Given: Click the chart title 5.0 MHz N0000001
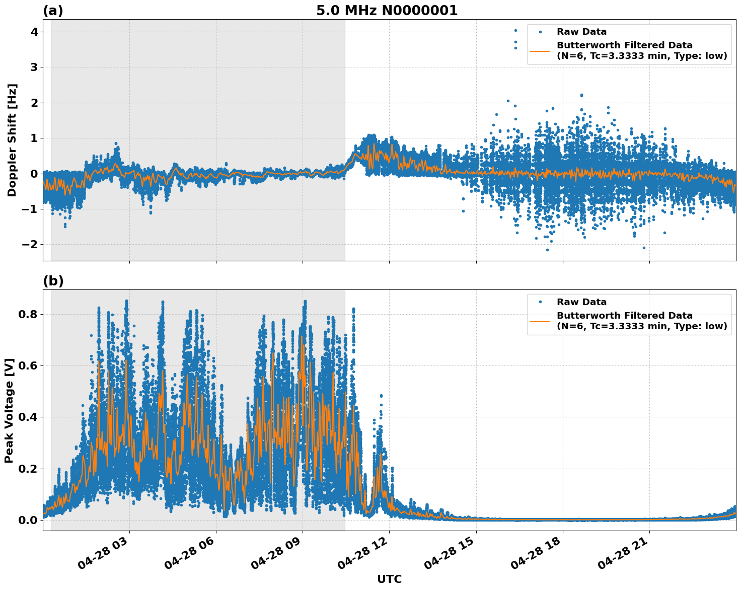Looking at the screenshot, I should (x=387, y=11).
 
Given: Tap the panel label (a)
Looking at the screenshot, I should (x=53, y=11).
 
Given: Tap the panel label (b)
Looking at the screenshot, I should (x=53, y=281).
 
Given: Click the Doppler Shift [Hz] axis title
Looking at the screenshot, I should (x=12, y=140).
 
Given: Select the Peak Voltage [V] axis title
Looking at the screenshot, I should (x=9, y=410).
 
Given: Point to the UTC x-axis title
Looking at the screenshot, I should (x=389, y=579).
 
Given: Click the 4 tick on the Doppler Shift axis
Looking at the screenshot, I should (x=35, y=32).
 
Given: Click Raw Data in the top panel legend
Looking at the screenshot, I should (x=581, y=32).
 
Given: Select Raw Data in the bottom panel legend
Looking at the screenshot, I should (x=581, y=302).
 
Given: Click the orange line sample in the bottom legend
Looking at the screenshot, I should (x=540, y=321).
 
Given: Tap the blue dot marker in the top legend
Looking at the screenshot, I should (x=540, y=32).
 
